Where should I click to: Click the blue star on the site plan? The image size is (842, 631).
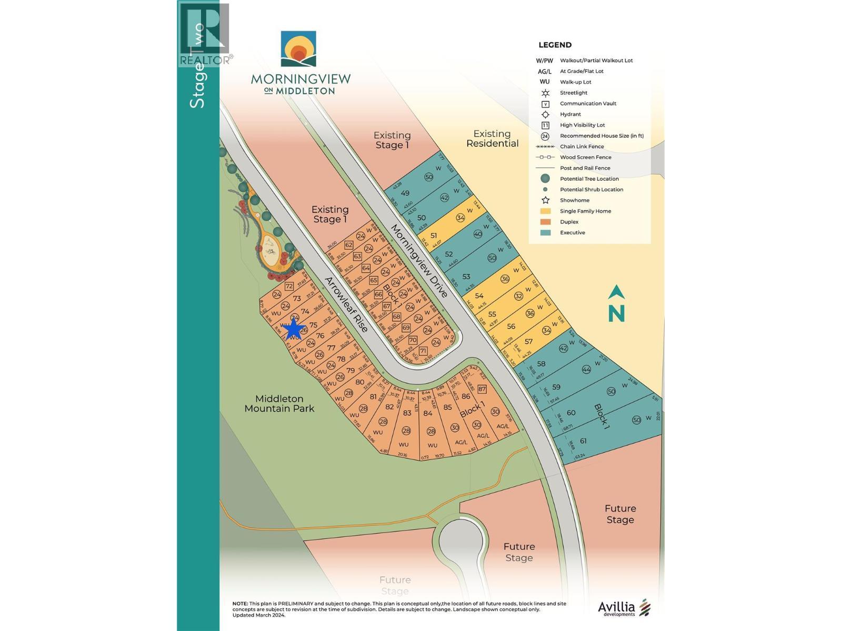click(293, 330)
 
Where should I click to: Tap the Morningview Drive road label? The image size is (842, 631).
click(419, 261)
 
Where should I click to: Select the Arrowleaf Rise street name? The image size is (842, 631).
click(346, 304)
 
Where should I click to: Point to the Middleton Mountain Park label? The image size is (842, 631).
click(279, 403)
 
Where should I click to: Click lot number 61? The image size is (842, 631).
click(583, 441)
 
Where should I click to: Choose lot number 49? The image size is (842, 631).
click(405, 193)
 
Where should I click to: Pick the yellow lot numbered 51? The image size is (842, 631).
click(434, 236)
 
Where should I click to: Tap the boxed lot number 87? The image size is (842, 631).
click(482, 389)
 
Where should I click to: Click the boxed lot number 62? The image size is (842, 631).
click(348, 245)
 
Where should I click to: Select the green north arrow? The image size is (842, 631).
click(616, 303)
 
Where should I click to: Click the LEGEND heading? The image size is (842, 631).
click(555, 45)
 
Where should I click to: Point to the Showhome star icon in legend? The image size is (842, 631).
click(546, 200)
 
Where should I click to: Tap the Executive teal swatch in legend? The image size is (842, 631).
click(546, 232)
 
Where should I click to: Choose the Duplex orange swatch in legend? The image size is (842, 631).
click(546, 222)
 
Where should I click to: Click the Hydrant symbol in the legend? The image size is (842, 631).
click(546, 114)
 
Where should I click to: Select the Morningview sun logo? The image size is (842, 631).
click(298, 49)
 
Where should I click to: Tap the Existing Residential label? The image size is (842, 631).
click(492, 138)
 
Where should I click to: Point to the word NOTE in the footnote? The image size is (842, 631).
click(240, 604)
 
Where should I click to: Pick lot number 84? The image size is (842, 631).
click(428, 413)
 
